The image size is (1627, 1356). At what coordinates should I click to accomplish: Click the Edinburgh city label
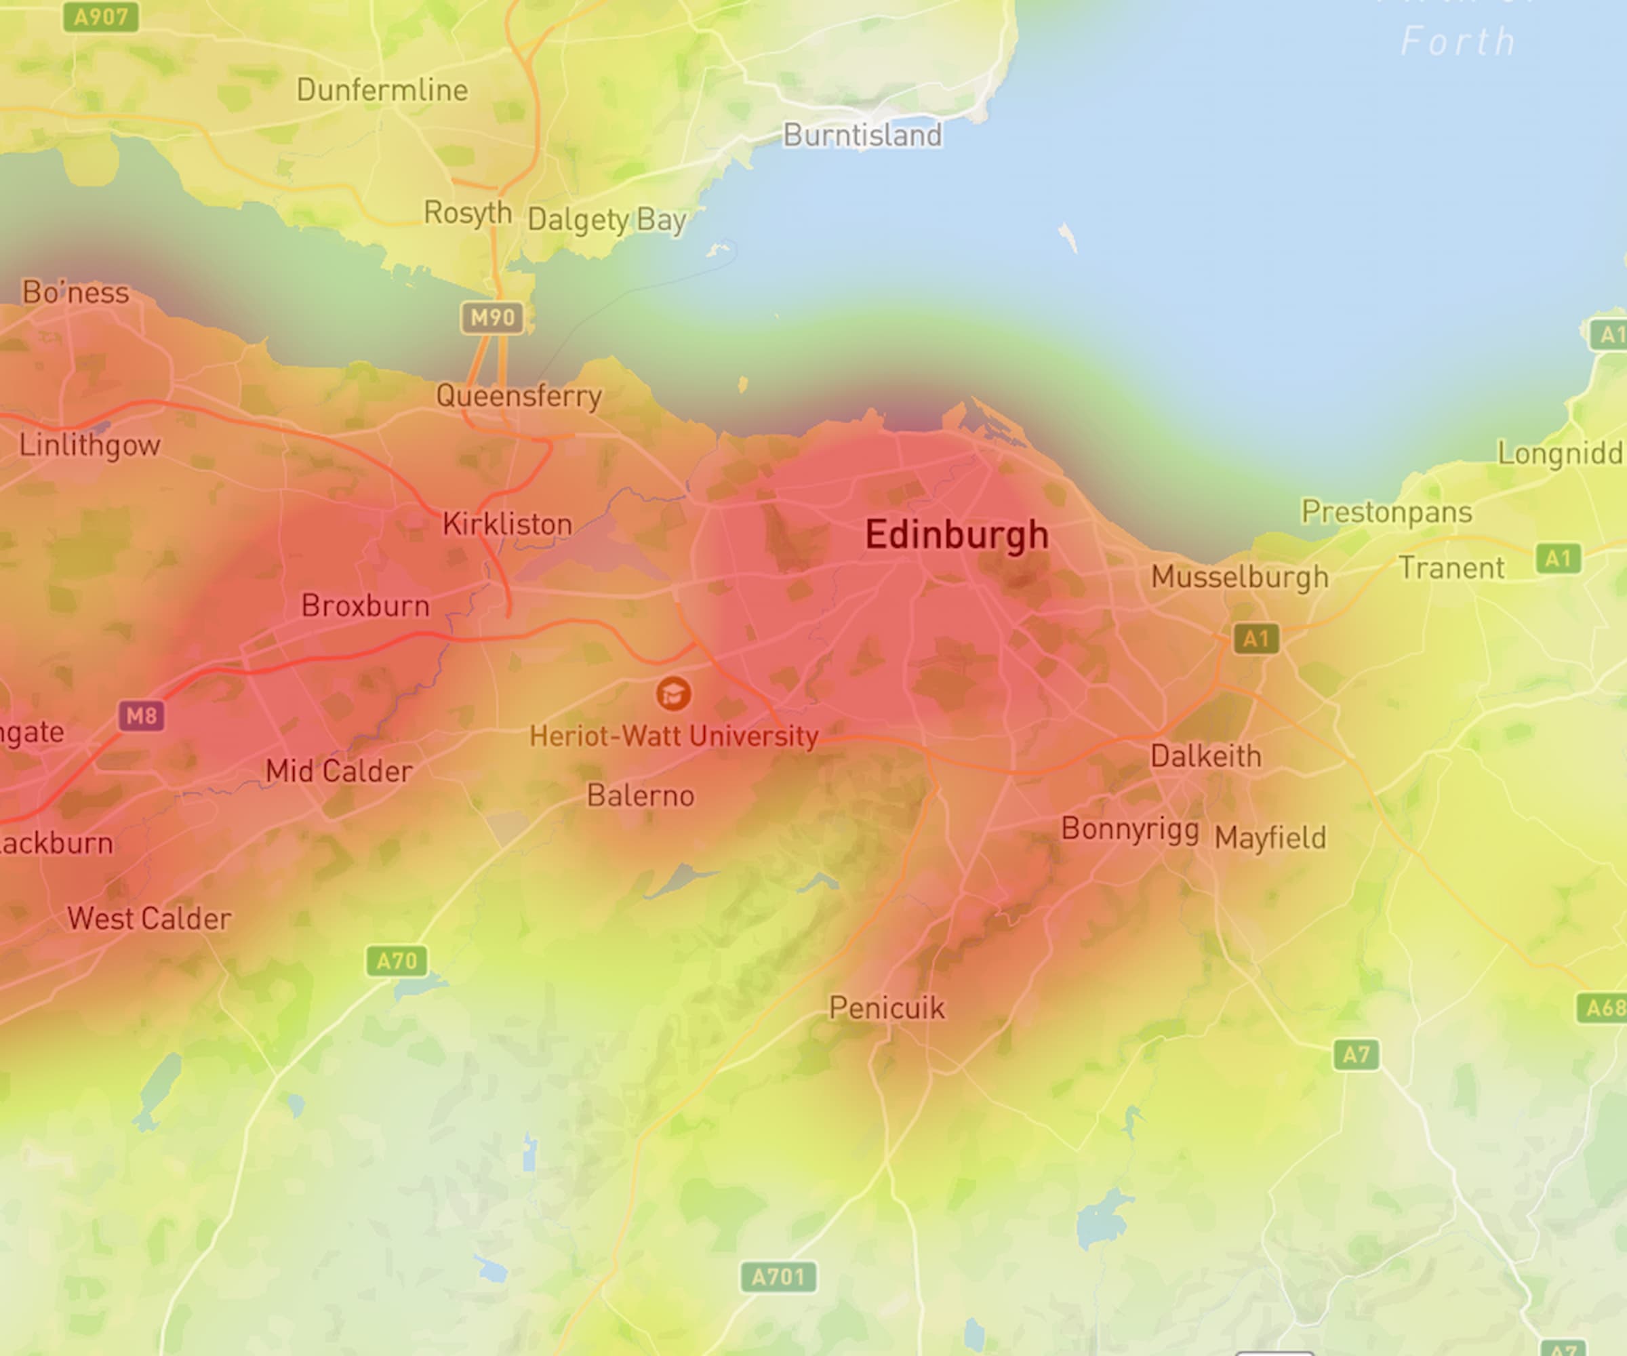pos(956,536)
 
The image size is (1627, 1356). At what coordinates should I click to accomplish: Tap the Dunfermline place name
pos(382,90)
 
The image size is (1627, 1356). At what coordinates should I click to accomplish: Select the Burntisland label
pos(862,135)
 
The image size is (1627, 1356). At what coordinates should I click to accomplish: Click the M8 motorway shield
pos(141,715)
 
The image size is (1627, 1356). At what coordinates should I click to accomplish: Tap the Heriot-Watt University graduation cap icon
pos(672,694)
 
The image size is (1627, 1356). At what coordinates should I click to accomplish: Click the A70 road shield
pos(397,961)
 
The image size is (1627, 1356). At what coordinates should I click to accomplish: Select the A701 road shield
pos(778,1276)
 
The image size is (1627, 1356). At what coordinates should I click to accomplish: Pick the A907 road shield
pos(101,16)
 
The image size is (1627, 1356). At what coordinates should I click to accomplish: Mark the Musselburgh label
pos(1240,576)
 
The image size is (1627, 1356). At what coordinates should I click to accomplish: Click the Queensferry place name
pos(519,396)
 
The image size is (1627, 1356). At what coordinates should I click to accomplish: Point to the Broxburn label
pos(365,605)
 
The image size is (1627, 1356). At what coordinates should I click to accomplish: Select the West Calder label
pos(148,918)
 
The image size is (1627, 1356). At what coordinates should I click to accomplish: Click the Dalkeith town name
pos(1205,755)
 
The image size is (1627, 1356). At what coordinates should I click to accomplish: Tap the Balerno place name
pos(640,795)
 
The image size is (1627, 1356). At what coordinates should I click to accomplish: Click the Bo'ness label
pos(75,292)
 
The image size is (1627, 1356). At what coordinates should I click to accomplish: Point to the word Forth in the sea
pos(1458,41)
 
